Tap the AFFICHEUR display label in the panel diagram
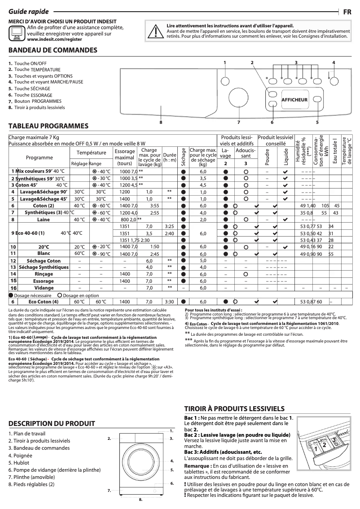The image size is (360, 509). (294, 99)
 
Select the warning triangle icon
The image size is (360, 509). (155, 31)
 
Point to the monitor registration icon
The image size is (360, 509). (17, 32)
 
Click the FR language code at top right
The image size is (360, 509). (347, 12)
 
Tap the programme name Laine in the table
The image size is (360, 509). (44, 219)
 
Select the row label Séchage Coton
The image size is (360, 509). (44, 260)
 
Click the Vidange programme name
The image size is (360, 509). (44, 288)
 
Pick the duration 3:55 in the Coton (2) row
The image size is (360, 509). (155, 205)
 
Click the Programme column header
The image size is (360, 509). (39, 158)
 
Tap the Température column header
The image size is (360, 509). (91, 153)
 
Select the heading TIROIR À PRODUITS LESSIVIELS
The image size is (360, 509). (235, 408)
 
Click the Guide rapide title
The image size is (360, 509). (29, 12)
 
